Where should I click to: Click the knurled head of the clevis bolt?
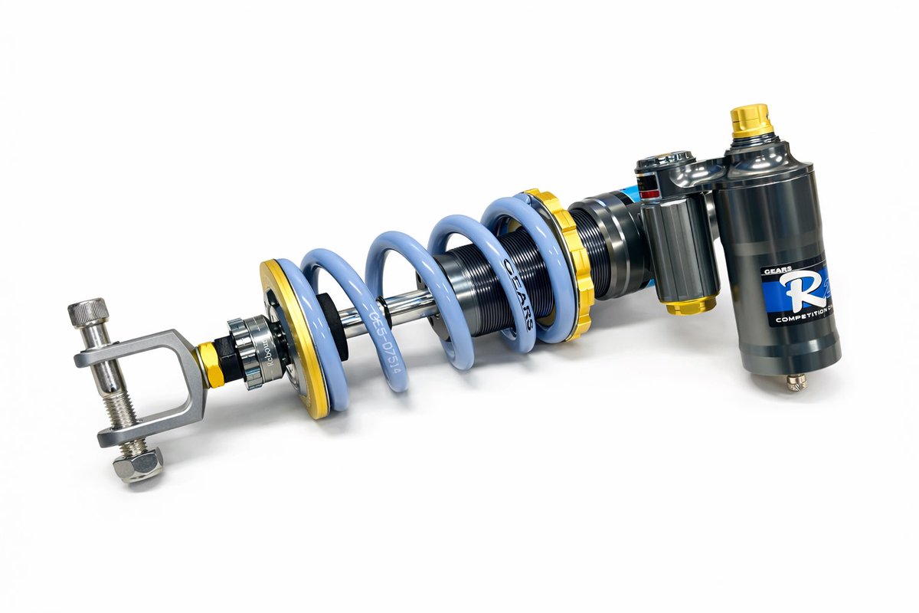[87, 310]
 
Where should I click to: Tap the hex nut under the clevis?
[138, 464]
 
